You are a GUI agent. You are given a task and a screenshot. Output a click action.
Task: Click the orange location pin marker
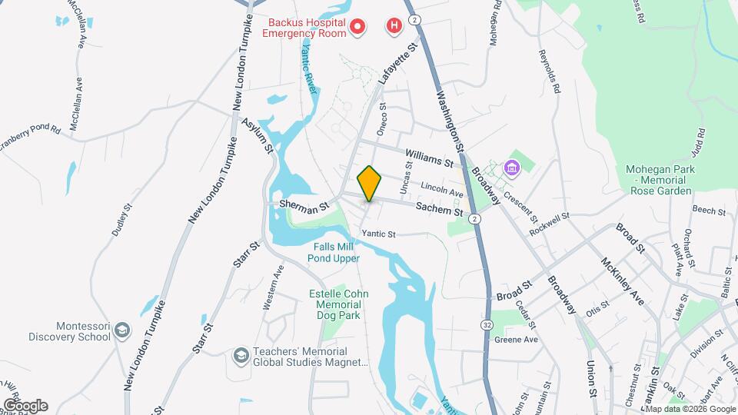[370, 183]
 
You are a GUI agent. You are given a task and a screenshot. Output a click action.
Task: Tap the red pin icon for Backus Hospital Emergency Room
[357, 28]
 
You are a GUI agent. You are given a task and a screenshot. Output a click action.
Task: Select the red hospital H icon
[394, 26]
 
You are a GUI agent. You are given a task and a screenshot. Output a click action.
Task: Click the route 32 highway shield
[487, 326]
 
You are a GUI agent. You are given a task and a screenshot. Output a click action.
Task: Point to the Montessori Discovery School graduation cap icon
[122, 331]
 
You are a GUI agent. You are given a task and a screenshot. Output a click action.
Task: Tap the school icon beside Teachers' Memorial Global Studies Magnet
[241, 356]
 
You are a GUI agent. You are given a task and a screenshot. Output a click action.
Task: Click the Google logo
[25, 405]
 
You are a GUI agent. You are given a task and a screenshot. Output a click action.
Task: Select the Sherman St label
[304, 205]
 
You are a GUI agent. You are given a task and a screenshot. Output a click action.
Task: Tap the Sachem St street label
[439, 209]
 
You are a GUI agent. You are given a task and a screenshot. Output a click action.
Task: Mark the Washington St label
[450, 121]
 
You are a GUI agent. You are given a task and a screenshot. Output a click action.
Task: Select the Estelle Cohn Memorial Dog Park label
[338, 304]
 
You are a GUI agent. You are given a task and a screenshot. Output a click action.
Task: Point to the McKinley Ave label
[623, 282]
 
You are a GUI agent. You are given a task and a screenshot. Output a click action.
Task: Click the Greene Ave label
[514, 339]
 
